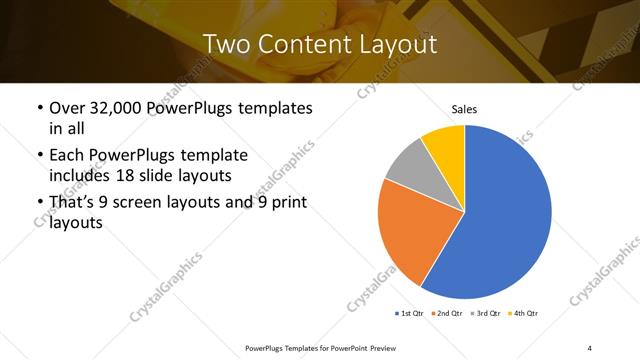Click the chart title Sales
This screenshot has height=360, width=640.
[464, 108]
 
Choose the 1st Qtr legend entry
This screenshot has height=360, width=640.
[409, 314]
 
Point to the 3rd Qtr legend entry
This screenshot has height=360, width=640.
[486, 314]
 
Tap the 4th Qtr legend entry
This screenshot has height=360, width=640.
[524, 314]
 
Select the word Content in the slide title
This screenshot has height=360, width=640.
[300, 44]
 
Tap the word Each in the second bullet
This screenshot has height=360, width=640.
[67, 155]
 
